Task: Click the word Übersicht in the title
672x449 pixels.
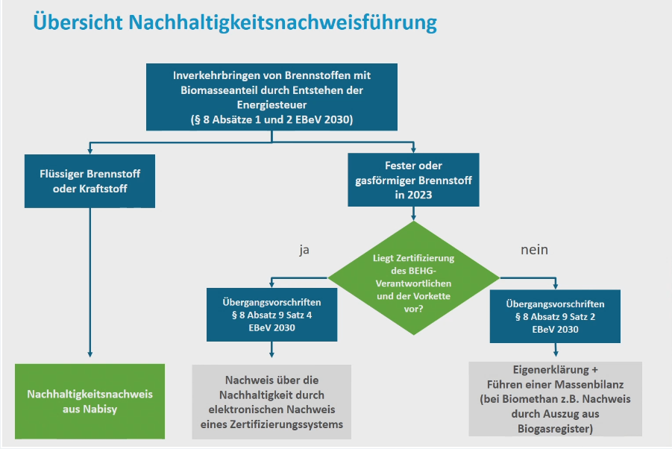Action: [78, 22]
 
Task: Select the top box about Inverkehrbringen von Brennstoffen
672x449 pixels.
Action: [271, 97]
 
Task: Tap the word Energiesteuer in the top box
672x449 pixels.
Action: [271, 105]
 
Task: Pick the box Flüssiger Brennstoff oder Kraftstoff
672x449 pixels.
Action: [90, 181]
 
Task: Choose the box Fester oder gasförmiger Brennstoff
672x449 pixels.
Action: [414, 180]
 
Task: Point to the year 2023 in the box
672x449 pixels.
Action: [420, 195]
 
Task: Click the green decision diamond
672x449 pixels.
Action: [414, 277]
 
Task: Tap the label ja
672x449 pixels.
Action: [304, 250]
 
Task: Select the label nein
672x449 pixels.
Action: [535, 249]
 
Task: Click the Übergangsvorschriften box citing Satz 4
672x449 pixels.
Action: [271, 315]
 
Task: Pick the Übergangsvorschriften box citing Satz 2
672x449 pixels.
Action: [555, 316]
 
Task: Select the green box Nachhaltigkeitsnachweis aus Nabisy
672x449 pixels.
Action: [90, 401]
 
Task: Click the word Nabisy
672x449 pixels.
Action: [100, 409]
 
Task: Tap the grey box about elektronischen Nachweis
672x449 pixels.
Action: [271, 402]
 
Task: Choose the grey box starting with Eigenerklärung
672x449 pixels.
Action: [556, 399]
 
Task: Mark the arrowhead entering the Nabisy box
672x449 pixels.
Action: [90, 354]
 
